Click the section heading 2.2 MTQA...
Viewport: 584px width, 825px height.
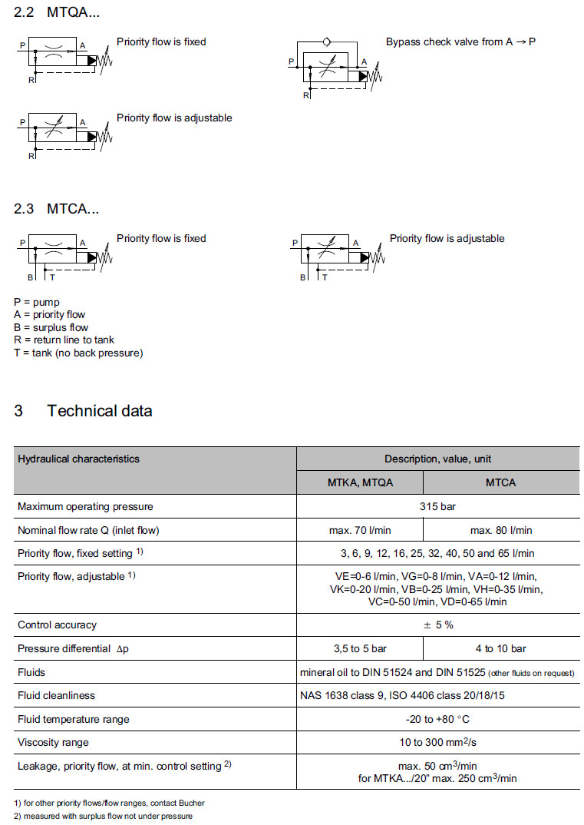pyautogui.click(x=57, y=12)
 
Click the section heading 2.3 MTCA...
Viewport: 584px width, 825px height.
pyautogui.click(x=57, y=208)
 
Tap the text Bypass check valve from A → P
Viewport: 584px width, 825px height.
pyautogui.click(x=460, y=41)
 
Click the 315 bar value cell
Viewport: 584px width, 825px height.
pyautogui.click(x=438, y=506)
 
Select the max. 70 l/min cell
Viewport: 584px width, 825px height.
pyautogui.click(x=360, y=530)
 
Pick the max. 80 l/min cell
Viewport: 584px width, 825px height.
pyautogui.click(x=501, y=530)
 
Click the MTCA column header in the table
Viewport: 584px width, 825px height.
pyautogui.click(x=501, y=482)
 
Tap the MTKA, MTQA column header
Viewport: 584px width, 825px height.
pyautogui.click(x=360, y=482)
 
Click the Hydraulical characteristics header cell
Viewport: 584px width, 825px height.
pyautogui.click(x=78, y=459)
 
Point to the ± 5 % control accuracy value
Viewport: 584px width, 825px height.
pyautogui.click(x=438, y=625)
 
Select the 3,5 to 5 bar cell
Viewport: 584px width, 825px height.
pyautogui.click(x=360, y=648)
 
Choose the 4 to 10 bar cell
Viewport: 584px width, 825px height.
pyautogui.click(x=501, y=648)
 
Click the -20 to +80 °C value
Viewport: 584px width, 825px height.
pyautogui.click(x=438, y=719)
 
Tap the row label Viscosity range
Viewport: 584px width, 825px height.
pyautogui.click(x=53, y=742)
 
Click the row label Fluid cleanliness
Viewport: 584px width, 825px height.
pyautogui.click(x=56, y=695)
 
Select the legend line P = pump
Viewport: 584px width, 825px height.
pyautogui.click(x=37, y=302)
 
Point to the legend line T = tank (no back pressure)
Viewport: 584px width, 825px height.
pyautogui.click(x=78, y=353)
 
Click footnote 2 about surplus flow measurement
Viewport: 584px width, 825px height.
pyautogui.click(x=104, y=816)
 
